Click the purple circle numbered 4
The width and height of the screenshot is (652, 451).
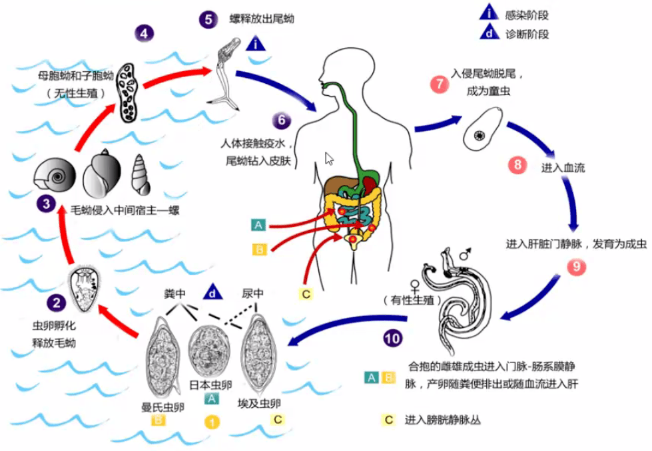point(144,33)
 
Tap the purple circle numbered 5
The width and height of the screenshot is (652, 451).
point(208,19)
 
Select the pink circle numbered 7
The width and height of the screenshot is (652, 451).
point(438,84)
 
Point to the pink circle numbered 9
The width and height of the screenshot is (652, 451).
point(575,266)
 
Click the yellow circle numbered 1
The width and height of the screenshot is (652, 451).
point(211,421)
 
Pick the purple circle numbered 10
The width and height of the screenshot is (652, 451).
point(393,337)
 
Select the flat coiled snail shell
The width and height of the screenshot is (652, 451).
point(55,178)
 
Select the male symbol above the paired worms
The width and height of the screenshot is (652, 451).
point(466,254)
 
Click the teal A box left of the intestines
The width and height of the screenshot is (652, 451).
point(258,225)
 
